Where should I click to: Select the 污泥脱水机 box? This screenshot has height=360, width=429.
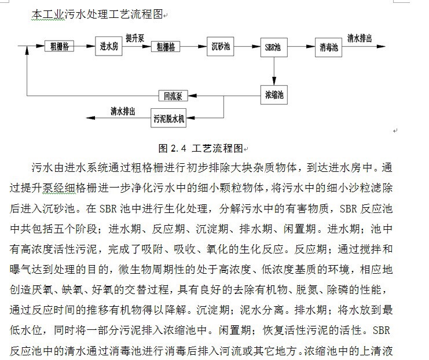tap(168, 119)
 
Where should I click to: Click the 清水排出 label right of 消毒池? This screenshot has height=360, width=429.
tap(360, 38)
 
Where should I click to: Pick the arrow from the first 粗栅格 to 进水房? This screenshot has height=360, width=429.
tap(83, 45)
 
